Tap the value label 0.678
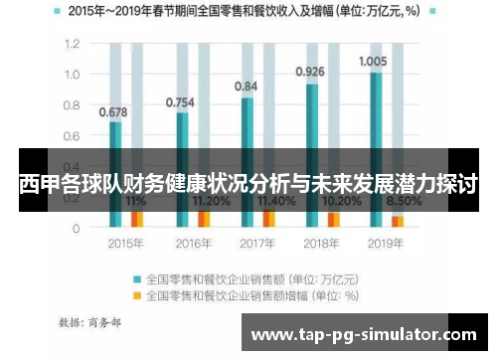113,111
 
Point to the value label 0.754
179,101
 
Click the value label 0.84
247,87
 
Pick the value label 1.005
374,60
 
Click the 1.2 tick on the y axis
72,45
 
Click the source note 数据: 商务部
90,322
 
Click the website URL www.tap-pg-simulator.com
364,336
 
